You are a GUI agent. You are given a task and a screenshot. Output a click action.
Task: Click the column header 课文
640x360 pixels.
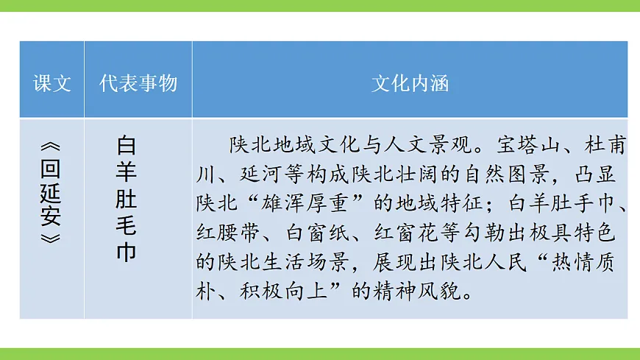point(52,83)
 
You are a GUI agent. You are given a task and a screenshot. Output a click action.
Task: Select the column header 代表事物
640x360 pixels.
point(138,83)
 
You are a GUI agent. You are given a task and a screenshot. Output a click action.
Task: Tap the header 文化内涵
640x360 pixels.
point(410,83)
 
